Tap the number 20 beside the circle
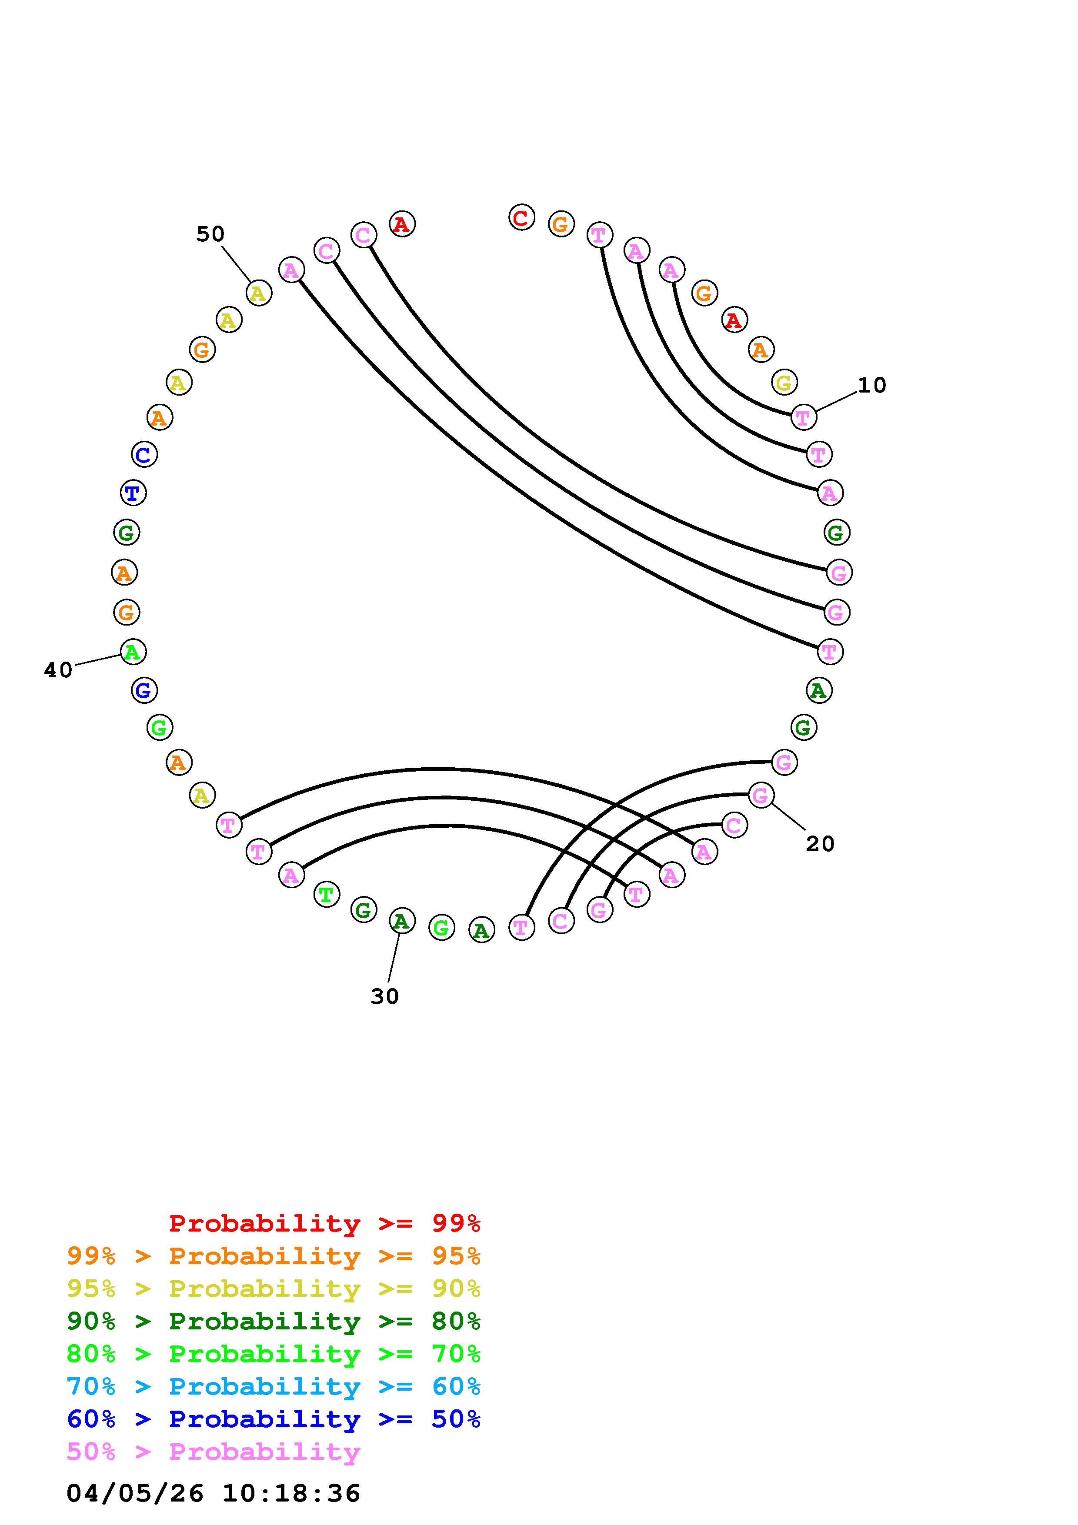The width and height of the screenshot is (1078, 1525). click(820, 844)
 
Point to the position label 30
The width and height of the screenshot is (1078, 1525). click(384, 996)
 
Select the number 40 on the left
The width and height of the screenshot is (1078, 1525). click(58, 670)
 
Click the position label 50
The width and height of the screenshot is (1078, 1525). click(210, 234)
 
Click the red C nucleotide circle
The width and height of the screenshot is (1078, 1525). click(521, 217)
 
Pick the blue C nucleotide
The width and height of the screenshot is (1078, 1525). click(144, 455)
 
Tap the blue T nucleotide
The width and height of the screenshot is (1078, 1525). click(133, 493)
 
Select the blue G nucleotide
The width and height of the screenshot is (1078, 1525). click(144, 691)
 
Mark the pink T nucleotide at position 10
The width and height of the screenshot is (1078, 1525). click(804, 417)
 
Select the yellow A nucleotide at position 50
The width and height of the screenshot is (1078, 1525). click(258, 293)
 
